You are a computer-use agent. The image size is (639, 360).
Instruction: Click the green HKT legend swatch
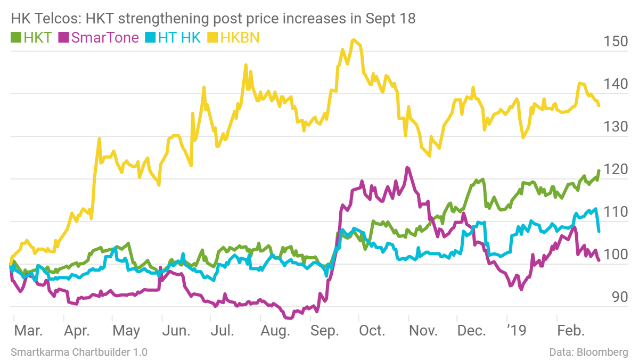coord(16,38)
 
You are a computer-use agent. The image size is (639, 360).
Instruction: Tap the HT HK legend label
coord(179,38)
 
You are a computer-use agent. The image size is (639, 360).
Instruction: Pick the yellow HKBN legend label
coord(240,38)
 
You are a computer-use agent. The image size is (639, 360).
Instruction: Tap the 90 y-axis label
coord(620,298)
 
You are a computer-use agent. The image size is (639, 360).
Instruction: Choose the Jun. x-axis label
coord(176,331)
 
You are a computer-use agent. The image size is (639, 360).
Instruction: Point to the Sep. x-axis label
coord(325,331)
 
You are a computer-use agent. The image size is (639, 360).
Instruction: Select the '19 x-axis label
coord(515,331)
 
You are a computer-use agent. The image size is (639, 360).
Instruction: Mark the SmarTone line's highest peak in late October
coord(407,168)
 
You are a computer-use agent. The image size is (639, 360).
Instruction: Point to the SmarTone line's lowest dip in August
coord(289,318)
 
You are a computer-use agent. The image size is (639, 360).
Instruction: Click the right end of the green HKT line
coord(599,171)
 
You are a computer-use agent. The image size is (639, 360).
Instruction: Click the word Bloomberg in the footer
coord(603,353)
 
